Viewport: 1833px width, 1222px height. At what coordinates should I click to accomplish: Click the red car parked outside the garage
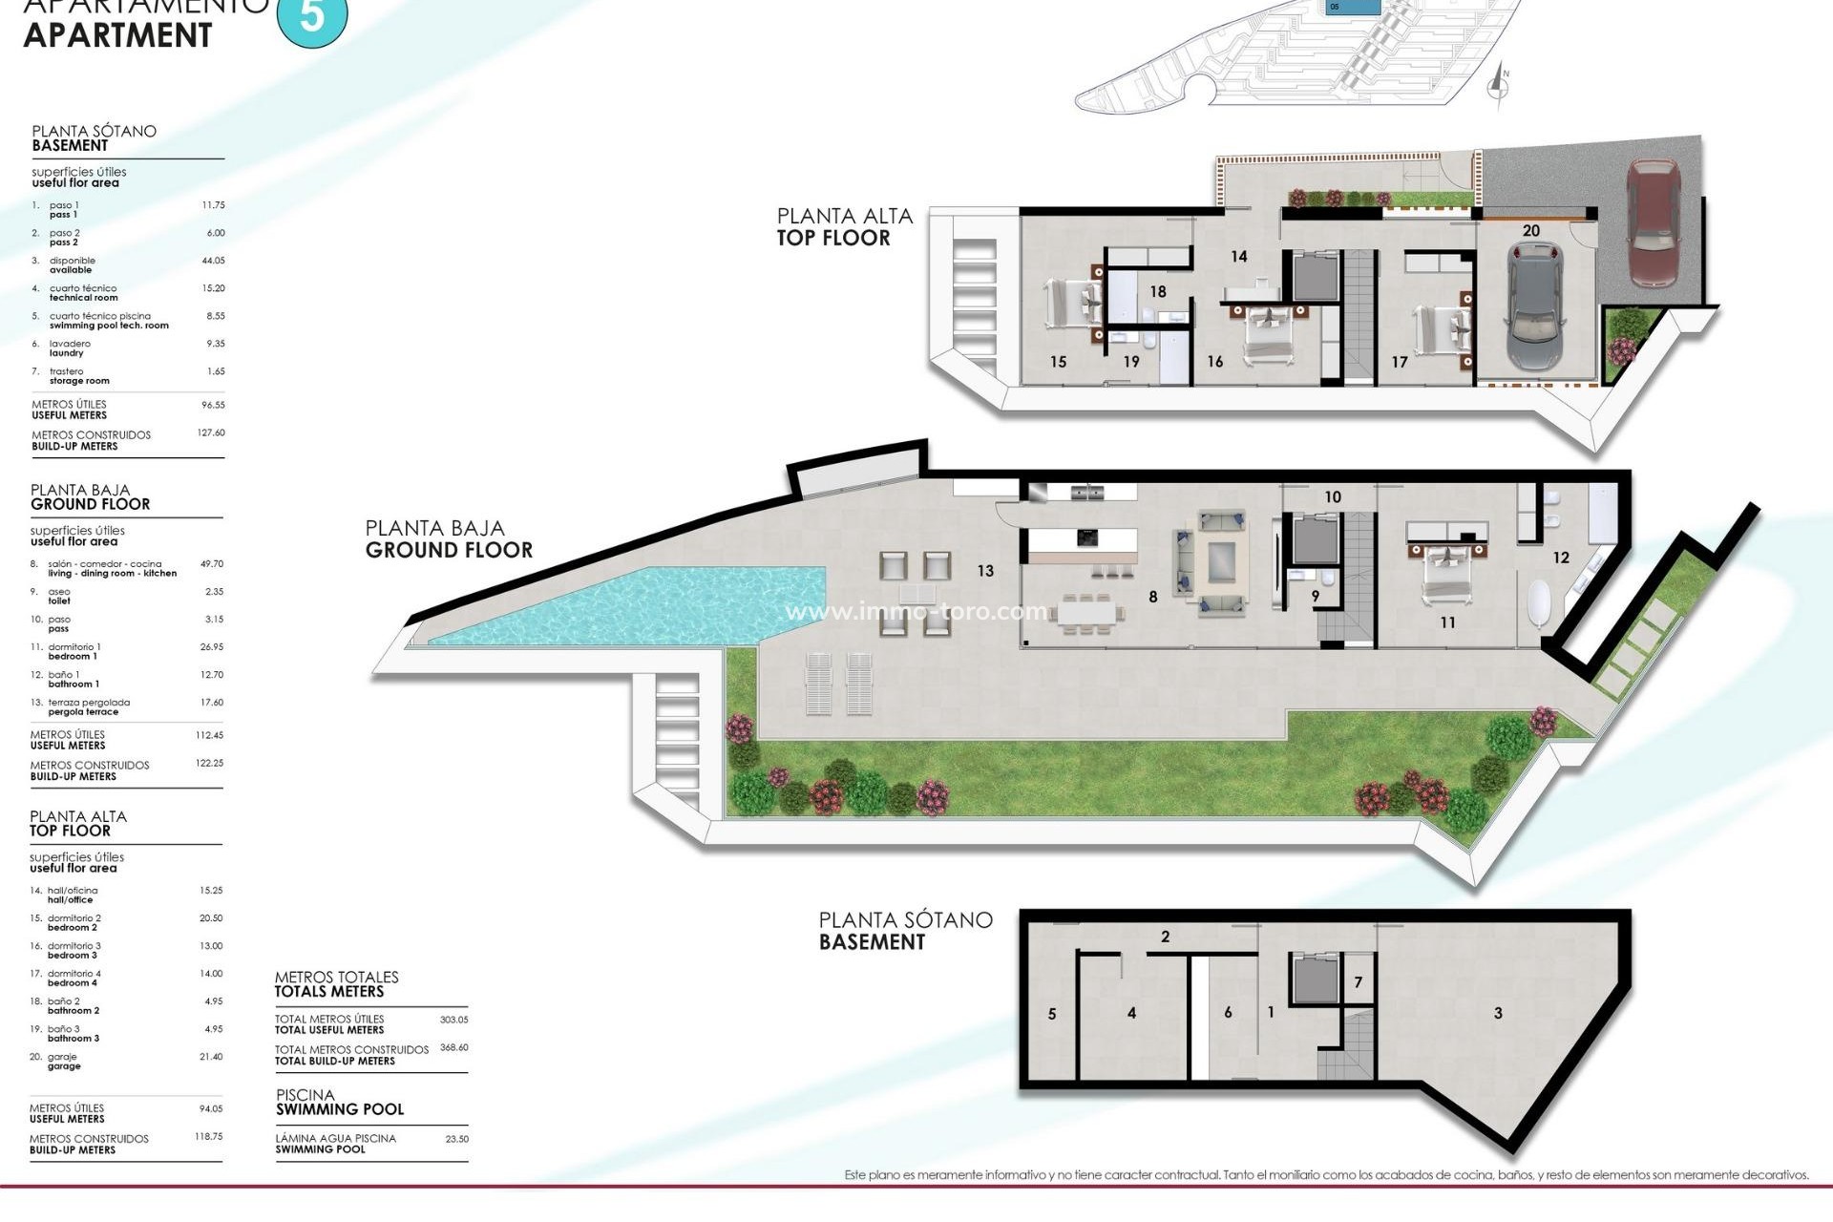coord(1654,223)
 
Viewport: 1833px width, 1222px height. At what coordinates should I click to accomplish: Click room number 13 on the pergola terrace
coord(985,571)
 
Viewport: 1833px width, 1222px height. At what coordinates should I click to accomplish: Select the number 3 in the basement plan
coord(1498,1013)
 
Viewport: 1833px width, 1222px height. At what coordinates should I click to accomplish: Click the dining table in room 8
coord(1088,612)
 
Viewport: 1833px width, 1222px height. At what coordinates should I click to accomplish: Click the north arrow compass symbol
coord(1499,84)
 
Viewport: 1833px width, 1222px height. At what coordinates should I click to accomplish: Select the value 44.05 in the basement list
coord(213,261)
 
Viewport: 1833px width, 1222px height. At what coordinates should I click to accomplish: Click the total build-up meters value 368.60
coord(453,1048)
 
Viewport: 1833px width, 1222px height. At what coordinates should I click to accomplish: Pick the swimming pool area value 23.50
coord(456,1139)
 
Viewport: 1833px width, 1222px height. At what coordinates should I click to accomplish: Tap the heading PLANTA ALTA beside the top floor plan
coord(844,217)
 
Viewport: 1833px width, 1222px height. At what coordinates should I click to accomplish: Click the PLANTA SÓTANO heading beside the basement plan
coord(905,920)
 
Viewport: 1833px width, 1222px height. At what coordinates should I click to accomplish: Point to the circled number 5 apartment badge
coord(311,17)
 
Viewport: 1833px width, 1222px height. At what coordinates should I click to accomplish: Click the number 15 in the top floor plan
coord(1058,362)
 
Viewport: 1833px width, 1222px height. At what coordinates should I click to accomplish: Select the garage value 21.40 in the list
coord(210,1057)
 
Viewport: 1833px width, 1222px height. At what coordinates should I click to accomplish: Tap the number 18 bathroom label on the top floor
coord(1158,292)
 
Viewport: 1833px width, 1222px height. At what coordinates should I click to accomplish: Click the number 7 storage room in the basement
coord(1359,982)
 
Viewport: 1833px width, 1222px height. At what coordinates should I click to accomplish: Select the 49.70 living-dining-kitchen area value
coord(211,564)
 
